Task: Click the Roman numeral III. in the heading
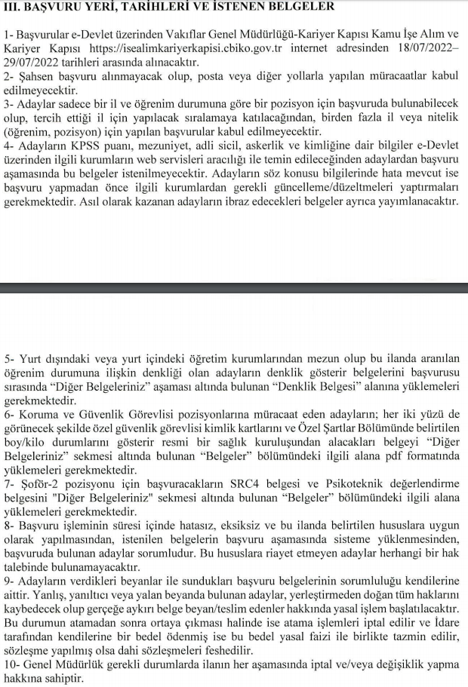coord(13,8)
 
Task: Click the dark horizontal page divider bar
coord(234,287)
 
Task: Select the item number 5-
coord(9,359)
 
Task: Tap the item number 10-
coord(12,664)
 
